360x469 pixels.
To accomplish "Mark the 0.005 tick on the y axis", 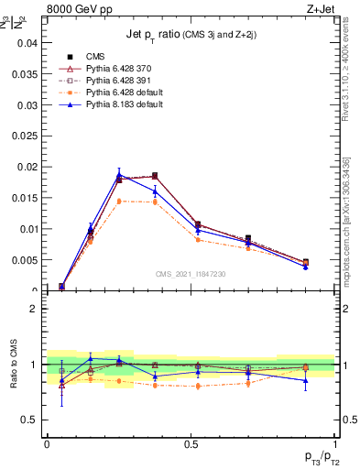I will (x=26, y=260).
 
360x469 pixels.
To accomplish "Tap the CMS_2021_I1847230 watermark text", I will (x=190, y=274).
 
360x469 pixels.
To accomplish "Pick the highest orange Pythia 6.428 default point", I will (x=119, y=201).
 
